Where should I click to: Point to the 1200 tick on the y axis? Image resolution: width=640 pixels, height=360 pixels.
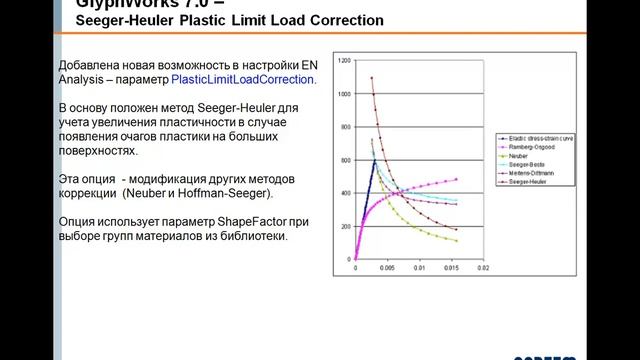(345, 61)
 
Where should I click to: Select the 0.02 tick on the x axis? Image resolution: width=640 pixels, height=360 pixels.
(482, 268)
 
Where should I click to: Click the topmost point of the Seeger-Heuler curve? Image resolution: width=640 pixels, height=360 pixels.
(372, 77)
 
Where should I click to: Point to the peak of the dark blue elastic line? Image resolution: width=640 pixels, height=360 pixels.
(375, 160)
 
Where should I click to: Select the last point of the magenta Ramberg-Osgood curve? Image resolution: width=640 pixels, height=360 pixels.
(457, 180)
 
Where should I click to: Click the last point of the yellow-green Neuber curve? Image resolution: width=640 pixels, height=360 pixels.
(457, 241)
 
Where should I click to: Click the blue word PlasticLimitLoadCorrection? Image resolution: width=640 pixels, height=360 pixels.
(243, 78)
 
